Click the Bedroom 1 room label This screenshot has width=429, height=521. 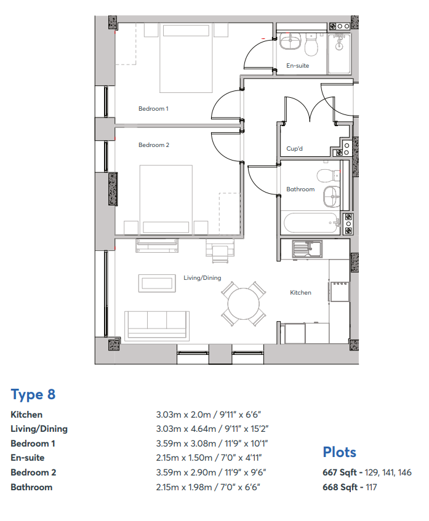(153, 109)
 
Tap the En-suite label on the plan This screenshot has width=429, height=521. (298, 66)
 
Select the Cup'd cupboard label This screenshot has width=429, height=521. (295, 148)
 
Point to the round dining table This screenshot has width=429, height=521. (244, 304)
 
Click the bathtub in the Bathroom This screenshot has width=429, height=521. (310, 223)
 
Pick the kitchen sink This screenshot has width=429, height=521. (307, 249)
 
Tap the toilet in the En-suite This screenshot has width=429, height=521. (311, 44)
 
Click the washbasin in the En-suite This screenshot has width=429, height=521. (290, 42)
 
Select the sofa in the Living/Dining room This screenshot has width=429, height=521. (156, 326)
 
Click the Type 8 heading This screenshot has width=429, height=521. (33, 394)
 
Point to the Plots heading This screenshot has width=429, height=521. (339, 452)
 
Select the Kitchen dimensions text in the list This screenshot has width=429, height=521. (209, 415)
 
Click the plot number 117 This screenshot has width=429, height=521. (371, 487)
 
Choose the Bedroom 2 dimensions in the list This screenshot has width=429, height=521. (211, 472)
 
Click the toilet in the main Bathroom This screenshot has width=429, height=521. (329, 176)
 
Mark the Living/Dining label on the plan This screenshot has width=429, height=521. (202, 278)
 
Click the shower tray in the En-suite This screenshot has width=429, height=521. (339, 53)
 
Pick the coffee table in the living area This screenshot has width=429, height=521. (157, 283)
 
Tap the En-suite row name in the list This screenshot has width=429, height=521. (28, 458)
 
